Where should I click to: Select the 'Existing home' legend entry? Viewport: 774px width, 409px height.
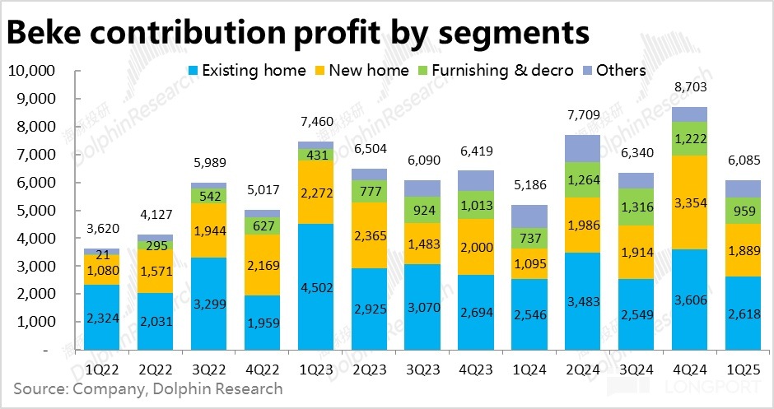248,70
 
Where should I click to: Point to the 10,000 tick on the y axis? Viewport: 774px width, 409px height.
30,71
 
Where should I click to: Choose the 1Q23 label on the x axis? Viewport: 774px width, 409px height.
317,368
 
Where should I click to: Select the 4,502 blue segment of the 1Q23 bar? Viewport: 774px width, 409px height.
317,286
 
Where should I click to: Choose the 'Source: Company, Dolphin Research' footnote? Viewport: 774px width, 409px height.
148,388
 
